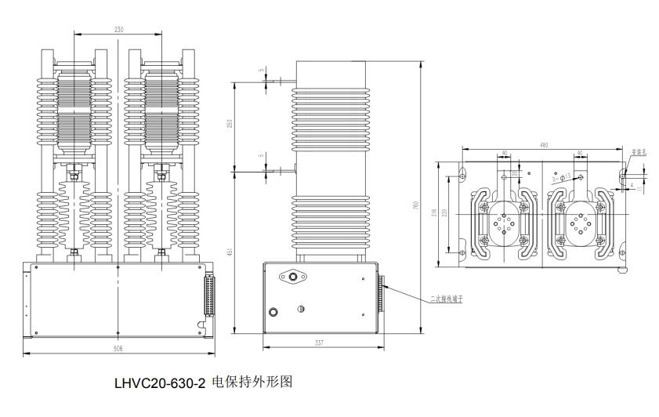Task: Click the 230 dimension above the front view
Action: click(119, 30)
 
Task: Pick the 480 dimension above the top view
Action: click(544, 144)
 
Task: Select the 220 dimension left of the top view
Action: click(447, 212)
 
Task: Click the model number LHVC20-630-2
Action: click(160, 384)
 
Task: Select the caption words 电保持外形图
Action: click(252, 384)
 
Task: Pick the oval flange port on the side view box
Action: click(295, 277)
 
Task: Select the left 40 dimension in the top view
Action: click(505, 154)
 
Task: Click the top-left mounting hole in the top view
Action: click(463, 171)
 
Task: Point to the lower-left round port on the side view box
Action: click(273, 312)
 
